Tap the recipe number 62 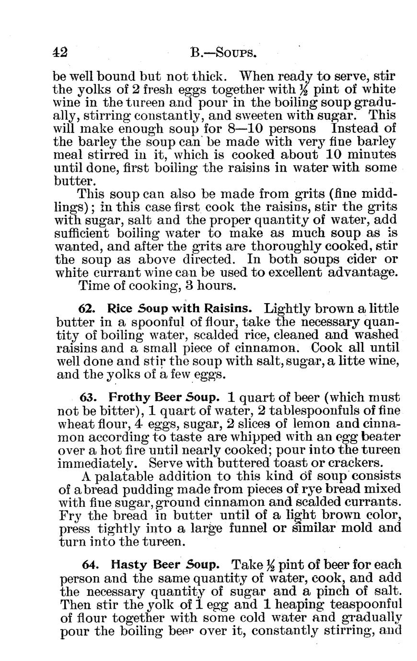tap(85, 308)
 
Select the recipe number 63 tap(88, 398)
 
